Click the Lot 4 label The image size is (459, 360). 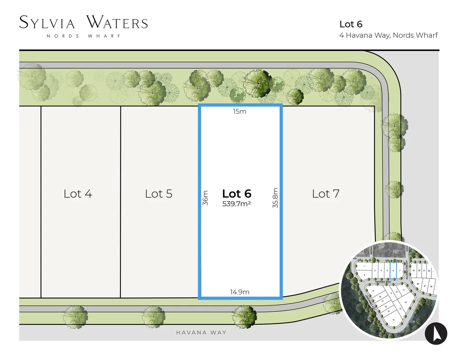coord(78,194)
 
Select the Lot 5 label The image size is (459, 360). coord(159,194)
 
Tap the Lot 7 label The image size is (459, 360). coord(325,194)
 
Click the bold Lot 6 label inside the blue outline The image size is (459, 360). coord(236,194)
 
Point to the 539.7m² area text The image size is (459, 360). coord(236,204)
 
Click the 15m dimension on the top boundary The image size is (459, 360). coord(239,111)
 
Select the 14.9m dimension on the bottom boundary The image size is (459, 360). coord(239,292)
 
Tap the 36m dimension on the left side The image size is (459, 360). coord(205,198)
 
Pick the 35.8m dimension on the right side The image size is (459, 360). coord(275,198)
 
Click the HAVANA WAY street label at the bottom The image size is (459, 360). coord(201,332)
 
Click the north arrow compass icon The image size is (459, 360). coord(436,333)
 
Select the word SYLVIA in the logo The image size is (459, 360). coord(47,23)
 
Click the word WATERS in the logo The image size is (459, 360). coord(117,23)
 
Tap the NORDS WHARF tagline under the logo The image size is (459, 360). coord(84,36)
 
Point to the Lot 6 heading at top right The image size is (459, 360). coord(351,24)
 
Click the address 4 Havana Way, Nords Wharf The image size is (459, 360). coord(388,35)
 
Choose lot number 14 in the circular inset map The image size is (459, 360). coord(393,320)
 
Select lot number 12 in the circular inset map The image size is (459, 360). coord(405,302)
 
